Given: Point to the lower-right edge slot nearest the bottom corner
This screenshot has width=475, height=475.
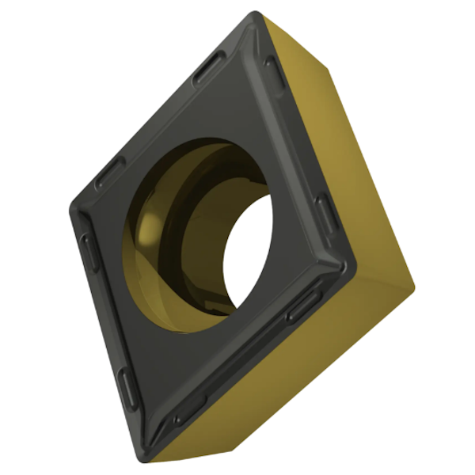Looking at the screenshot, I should (x=190, y=409).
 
